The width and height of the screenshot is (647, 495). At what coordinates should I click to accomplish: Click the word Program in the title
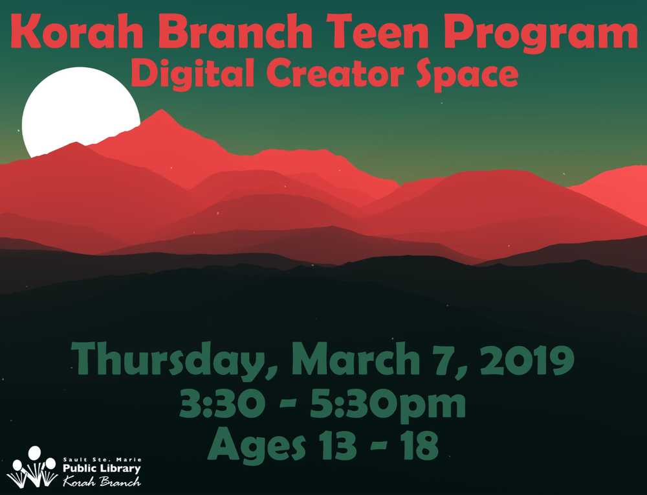pyautogui.click(x=541, y=34)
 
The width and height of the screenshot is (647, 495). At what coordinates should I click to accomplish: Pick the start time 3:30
pyautogui.click(x=221, y=403)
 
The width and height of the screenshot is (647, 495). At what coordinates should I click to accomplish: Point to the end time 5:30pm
pyautogui.click(x=388, y=406)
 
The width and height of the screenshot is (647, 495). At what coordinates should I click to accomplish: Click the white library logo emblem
pyautogui.click(x=32, y=467)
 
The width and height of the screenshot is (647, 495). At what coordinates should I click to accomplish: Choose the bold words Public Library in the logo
pyautogui.click(x=102, y=468)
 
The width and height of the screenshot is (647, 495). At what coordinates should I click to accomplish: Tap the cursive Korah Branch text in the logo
pyautogui.click(x=102, y=481)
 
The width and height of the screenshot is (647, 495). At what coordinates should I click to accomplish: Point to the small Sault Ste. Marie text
pyautogui.click(x=102, y=459)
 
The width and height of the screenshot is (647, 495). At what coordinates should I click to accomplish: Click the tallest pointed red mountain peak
pyautogui.click(x=162, y=110)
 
